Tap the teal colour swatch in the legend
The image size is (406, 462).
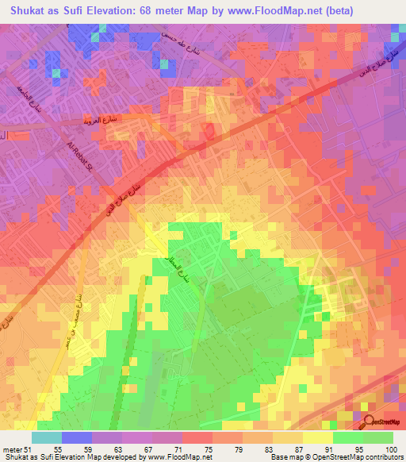(x=46, y=437)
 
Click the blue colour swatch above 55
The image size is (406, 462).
(x=76, y=437)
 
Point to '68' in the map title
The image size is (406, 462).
(x=163, y=9)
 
